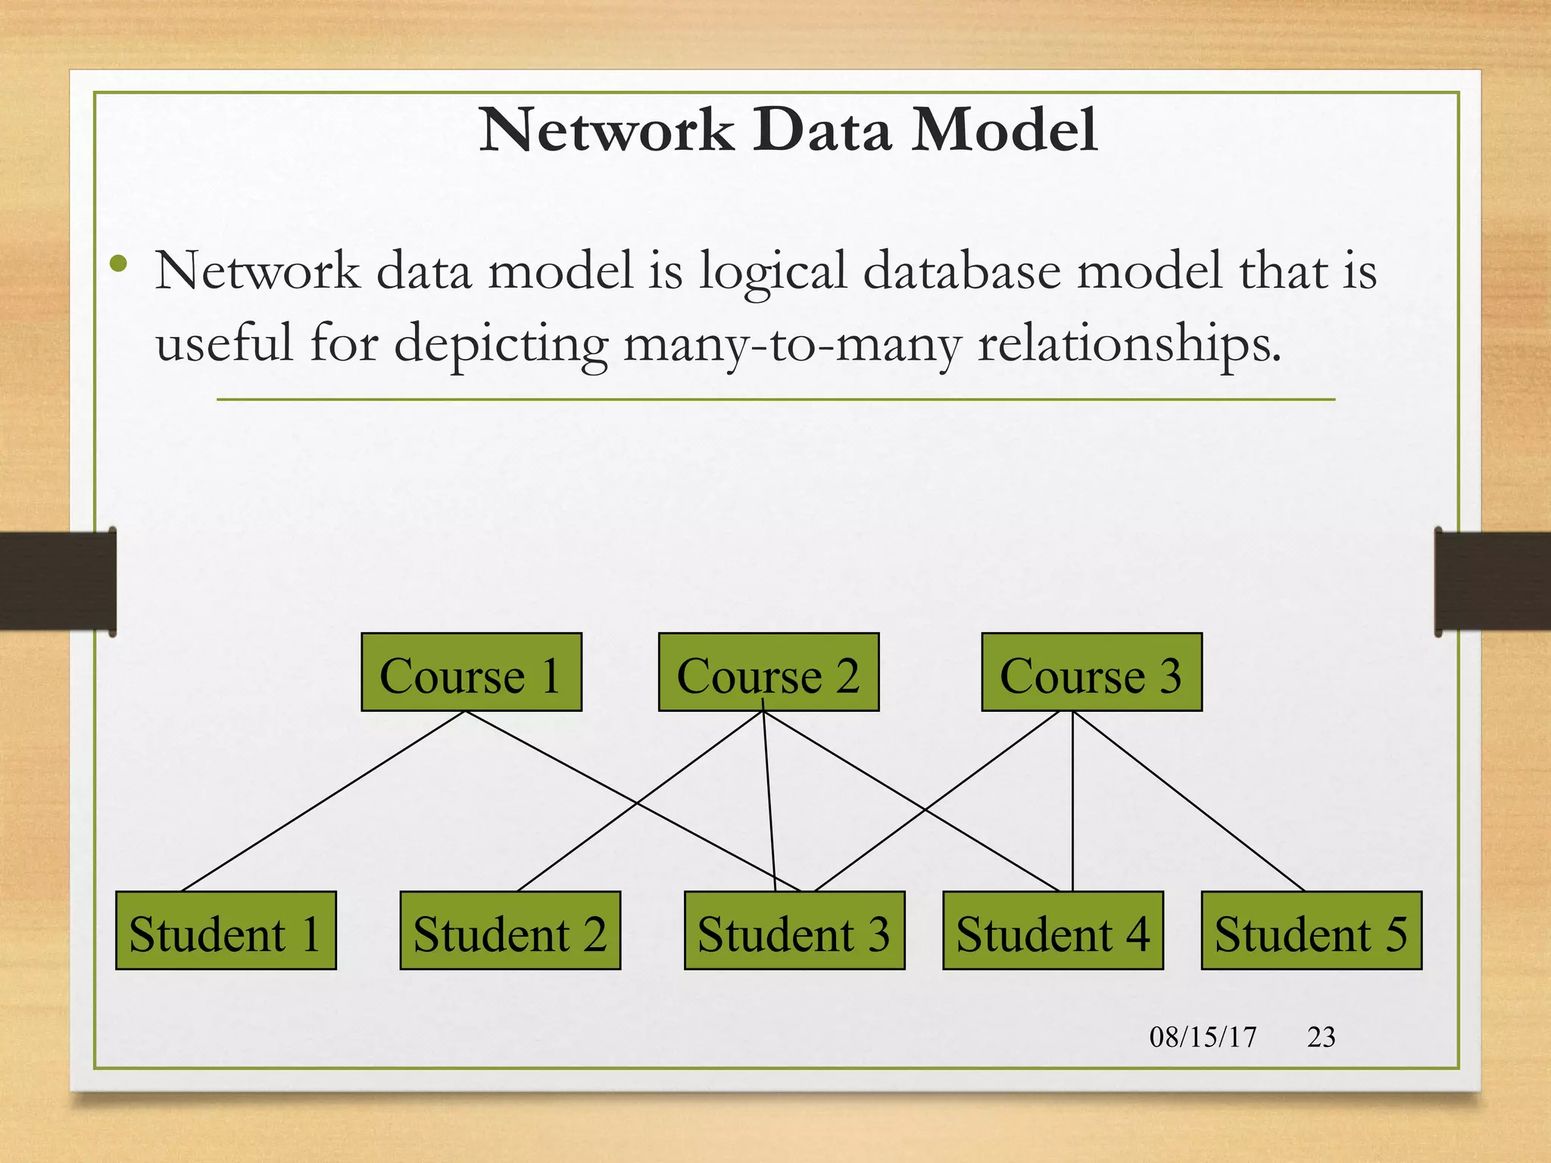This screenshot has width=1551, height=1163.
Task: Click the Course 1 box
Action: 471,672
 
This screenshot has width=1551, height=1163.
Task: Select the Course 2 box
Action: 769,672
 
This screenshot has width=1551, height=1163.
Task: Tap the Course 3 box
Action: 1091,672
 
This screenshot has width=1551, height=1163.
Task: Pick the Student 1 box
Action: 226,931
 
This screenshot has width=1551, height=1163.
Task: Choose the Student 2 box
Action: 510,931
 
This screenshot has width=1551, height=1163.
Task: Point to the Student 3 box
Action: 794,931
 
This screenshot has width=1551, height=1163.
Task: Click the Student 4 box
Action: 1053,931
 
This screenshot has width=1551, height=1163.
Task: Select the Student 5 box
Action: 1311,931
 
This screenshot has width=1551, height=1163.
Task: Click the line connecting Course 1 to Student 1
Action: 324,800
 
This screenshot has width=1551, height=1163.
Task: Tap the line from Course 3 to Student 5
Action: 1189,801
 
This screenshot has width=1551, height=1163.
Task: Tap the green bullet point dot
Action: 118,264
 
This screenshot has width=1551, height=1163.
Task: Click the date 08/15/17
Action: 1203,1037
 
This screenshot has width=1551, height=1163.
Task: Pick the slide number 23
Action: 1321,1037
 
